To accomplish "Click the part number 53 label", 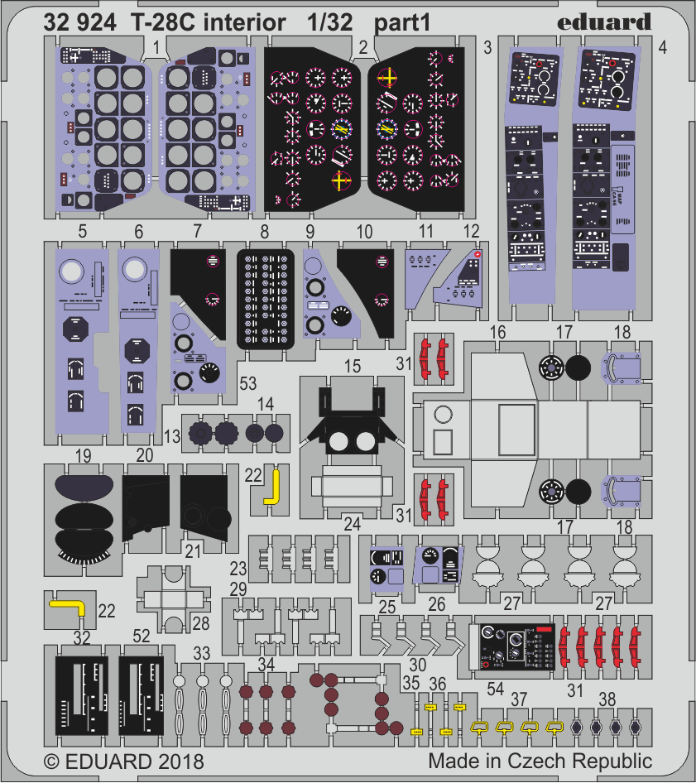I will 247,382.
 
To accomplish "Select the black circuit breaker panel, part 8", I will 266,298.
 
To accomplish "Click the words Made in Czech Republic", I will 540,760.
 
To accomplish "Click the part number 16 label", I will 497,333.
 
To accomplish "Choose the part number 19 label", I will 82,456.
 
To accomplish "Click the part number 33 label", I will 200,653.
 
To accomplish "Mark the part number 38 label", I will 607,699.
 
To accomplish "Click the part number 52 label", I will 141,636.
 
